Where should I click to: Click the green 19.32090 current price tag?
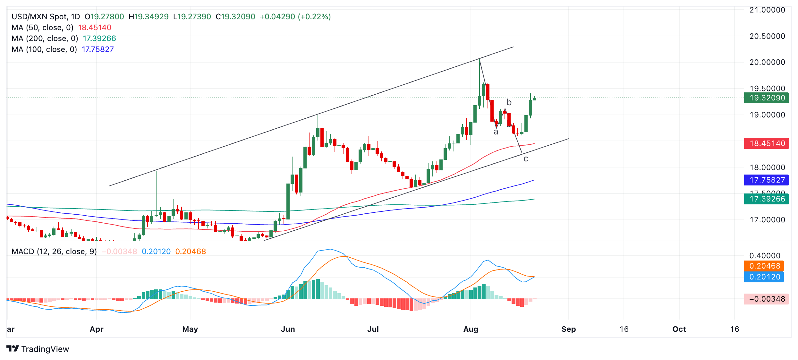[766, 98]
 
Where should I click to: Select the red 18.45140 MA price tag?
[766, 143]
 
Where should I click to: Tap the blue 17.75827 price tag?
[766, 180]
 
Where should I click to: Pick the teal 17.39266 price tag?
[766, 199]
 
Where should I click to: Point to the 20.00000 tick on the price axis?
[767, 62]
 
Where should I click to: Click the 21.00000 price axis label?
[767, 10]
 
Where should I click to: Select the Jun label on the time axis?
[288, 329]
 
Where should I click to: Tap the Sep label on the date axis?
[568, 329]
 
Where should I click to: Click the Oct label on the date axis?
[679, 329]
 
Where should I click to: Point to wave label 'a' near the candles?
[496, 132]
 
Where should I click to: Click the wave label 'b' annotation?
[509, 102]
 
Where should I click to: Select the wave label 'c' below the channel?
[526, 159]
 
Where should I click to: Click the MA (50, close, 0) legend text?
[43, 28]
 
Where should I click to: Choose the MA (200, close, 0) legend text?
[45, 39]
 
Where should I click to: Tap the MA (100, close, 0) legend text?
[44, 49]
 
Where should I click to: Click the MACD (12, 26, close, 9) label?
[54, 252]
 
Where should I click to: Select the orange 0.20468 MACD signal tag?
[764, 266]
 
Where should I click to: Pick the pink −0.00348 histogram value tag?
[766, 299]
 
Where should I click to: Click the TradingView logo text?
[45, 349]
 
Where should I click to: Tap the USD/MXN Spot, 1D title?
[46, 17]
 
